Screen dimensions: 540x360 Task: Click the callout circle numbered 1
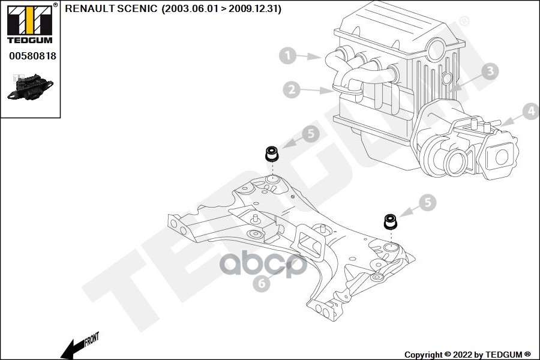point(287,55)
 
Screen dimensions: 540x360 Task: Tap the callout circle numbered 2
point(292,89)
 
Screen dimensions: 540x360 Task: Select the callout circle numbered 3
point(490,71)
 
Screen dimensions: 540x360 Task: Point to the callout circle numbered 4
point(531,111)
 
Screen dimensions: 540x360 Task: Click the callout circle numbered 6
point(262,283)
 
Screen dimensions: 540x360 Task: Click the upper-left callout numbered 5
point(311,134)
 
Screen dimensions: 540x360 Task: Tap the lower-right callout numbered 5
point(428,203)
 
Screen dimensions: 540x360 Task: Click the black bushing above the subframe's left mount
point(272,154)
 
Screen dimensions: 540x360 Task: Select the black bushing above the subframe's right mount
point(391,222)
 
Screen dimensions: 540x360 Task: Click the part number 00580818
point(32,56)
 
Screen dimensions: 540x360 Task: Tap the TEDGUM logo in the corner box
point(30,24)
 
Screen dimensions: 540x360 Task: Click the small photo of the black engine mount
point(31,88)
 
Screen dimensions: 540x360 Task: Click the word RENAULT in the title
point(90,8)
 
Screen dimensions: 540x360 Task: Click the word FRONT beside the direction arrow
point(92,339)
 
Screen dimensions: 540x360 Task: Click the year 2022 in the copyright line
point(463,355)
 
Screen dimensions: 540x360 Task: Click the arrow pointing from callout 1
point(308,56)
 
